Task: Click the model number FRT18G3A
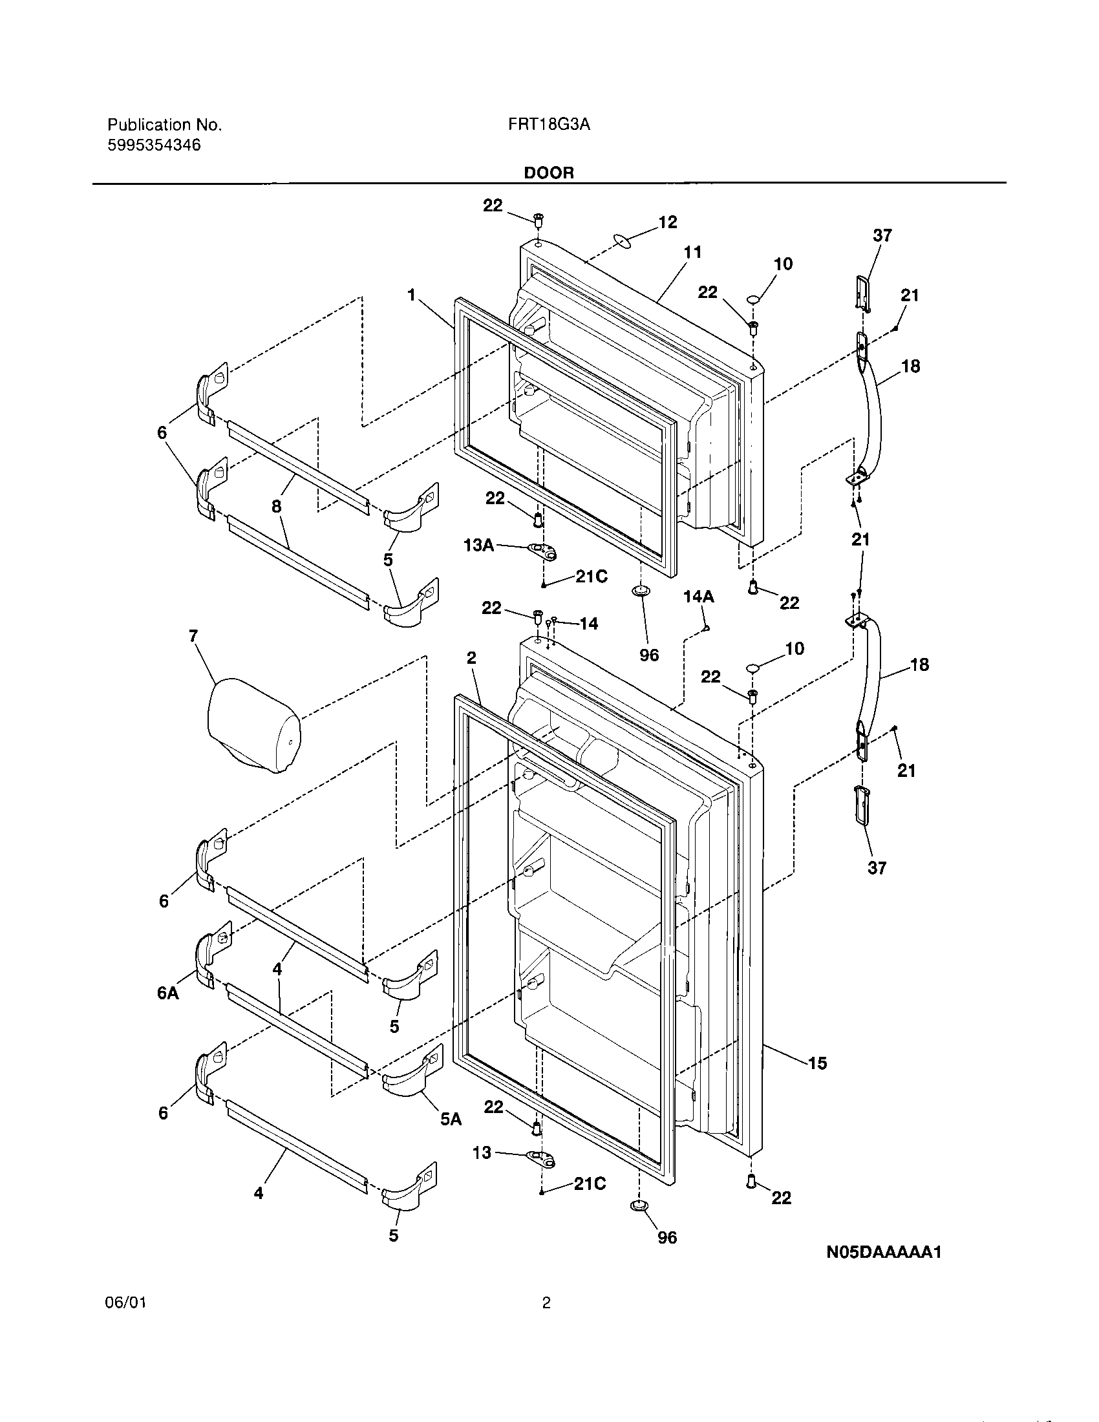point(549,125)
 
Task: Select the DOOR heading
point(549,173)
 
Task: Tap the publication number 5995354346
point(154,145)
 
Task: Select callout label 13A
point(478,546)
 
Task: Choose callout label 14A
point(699,596)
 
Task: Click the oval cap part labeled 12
point(623,243)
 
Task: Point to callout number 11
point(692,252)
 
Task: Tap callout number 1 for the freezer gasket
point(411,295)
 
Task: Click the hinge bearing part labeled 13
point(542,1157)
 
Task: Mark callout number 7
point(193,636)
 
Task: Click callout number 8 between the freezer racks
point(277,506)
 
